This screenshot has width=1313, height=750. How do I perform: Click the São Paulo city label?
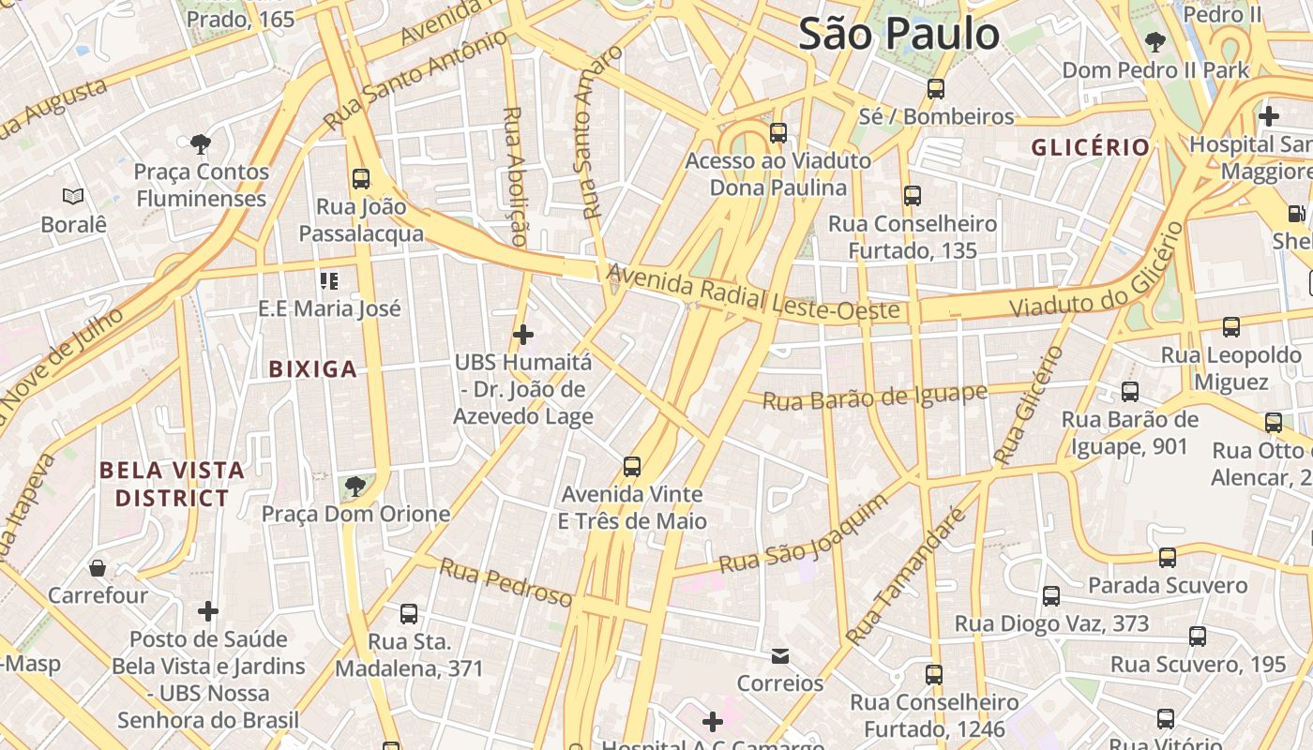point(898,35)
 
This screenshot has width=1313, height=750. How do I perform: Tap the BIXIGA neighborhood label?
point(313,369)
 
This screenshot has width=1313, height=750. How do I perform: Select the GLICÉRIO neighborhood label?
point(1091,147)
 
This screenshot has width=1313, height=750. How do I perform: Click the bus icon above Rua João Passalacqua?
point(361,179)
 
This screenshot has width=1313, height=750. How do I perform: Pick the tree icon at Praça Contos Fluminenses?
point(200,143)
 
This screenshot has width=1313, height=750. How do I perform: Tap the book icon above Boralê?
point(73,196)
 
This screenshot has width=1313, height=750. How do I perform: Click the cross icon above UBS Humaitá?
point(523,334)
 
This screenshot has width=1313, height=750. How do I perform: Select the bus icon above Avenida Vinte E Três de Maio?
point(632,466)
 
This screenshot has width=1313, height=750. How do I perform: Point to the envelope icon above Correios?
point(780,655)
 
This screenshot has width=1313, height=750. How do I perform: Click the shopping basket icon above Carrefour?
point(98,568)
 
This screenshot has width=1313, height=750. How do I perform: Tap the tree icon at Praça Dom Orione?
point(355,486)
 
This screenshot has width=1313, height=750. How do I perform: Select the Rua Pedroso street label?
point(506,582)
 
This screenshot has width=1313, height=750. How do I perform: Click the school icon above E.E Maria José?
point(329,280)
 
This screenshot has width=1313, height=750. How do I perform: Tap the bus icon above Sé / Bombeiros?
point(935,89)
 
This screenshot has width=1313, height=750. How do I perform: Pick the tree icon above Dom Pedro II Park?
point(1155,42)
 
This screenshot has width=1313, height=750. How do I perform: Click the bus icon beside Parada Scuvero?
point(1168,558)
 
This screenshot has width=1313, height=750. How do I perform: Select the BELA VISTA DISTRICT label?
point(172,484)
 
